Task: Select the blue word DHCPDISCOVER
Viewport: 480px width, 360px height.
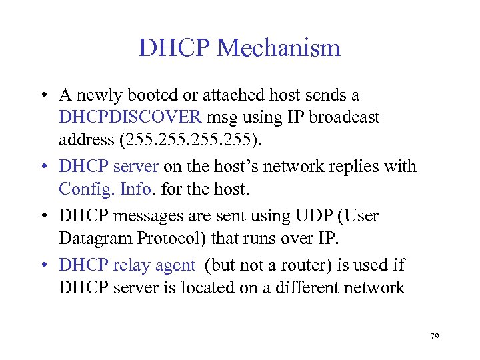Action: (x=129, y=118)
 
